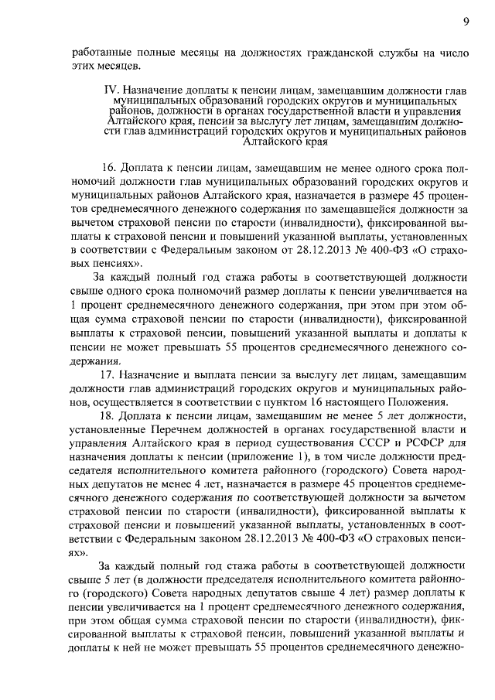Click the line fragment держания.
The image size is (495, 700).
coord(94,361)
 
